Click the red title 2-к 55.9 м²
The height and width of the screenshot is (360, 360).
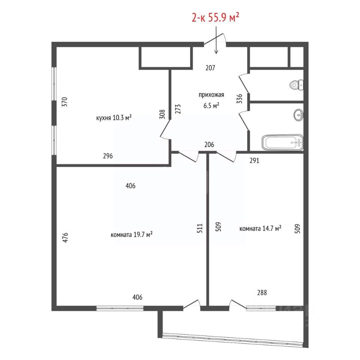point(215,18)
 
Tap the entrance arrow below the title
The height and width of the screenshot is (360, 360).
point(216,40)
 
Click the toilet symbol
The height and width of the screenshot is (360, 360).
point(296,85)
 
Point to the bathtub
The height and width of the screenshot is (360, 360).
point(283,142)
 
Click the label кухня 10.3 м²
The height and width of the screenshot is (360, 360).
point(114,118)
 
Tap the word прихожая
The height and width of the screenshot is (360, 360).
point(211,95)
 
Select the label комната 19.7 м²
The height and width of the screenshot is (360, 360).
point(132,235)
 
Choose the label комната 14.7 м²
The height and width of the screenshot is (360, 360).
point(260,229)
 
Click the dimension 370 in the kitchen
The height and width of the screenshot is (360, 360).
point(65,102)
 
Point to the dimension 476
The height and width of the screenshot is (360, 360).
point(65,238)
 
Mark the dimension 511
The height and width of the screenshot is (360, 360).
point(200,228)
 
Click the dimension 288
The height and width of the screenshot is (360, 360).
point(262,292)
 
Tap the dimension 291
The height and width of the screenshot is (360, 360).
point(254,160)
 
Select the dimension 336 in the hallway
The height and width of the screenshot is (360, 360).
point(239,99)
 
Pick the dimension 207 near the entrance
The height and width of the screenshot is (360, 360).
point(210,68)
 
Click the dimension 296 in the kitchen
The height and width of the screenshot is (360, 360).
point(108,156)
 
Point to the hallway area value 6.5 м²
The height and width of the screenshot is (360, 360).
point(211,106)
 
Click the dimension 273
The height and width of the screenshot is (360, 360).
point(178,109)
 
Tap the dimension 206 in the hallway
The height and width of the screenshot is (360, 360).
point(209,144)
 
